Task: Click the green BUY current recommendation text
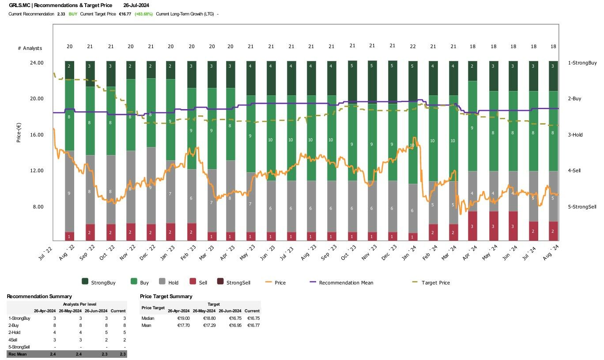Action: [73, 14]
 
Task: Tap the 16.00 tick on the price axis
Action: [36, 135]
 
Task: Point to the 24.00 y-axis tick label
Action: [36, 63]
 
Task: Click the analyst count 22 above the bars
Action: [412, 46]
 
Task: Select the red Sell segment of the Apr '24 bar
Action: [472, 226]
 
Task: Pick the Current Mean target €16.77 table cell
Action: [252, 326]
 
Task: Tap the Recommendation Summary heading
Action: [39, 296]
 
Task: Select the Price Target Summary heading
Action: [166, 296]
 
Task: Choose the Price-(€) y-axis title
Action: [19, 135]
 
